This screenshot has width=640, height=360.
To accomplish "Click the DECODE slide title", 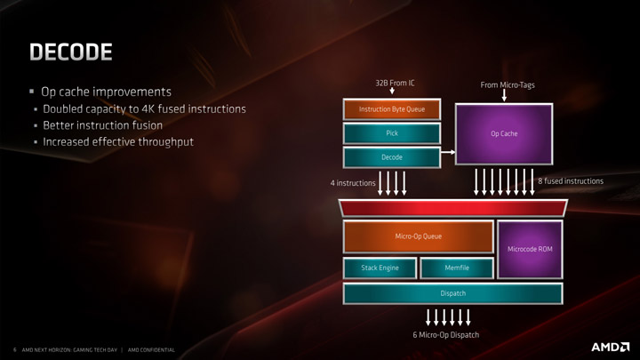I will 71,52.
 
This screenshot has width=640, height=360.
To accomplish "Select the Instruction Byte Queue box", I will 392,109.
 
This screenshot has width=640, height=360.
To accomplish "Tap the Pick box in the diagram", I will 392,133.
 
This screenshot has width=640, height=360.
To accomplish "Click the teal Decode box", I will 392,157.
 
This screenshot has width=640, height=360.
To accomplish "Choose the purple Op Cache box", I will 504,133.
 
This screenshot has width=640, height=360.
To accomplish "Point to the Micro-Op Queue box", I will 418,236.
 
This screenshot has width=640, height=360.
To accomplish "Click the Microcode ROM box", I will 530,249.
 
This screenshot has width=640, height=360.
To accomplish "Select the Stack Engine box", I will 379,268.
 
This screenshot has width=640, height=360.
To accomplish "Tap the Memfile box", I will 457,268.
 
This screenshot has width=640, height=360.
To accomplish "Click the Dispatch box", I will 452,293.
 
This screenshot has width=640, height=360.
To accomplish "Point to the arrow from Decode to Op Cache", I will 448,153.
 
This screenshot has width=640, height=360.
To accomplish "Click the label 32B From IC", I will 396,84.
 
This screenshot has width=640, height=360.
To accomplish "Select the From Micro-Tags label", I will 508,85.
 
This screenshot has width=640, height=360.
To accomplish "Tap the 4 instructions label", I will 353,183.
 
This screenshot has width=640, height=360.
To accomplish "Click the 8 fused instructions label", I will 571,181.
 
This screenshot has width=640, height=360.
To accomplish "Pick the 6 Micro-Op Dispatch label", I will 446,335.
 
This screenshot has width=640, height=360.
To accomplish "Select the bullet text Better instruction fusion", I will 102,125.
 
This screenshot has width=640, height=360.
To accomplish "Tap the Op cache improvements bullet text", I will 106,92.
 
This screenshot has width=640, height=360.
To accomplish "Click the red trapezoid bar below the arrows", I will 452,207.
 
